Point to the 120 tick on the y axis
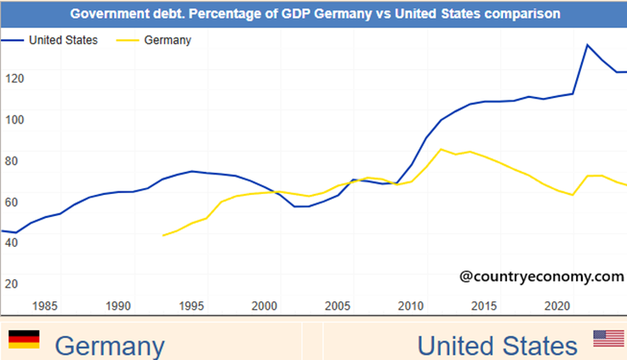pos(14,77)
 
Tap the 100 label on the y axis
pos(14,118)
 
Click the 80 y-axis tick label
pos(12,160)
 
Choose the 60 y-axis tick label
pos(12,201)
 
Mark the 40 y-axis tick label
pos(12,242)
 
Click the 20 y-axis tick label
pos(12,283)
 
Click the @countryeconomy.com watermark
pos(541,276)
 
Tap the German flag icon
pos(24,340)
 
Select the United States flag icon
pos(608,339)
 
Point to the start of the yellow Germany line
pos(162,236)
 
